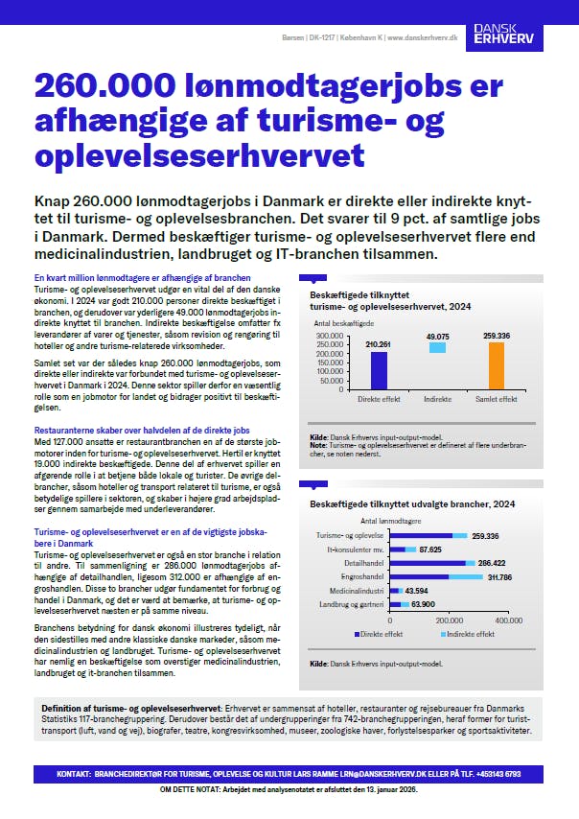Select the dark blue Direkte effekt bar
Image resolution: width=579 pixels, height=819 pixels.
pyautogui.click(x=353, y=370)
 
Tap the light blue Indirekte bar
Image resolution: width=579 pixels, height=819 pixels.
pyautogui.click(x=437, y=347)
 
